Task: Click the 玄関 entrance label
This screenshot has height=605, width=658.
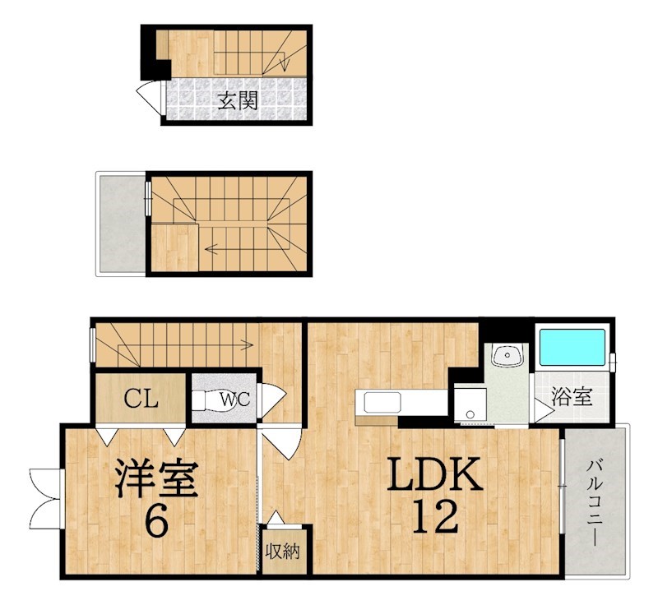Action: click(x=238, y=101)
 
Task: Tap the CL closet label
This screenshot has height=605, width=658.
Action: click(x=141, y=400)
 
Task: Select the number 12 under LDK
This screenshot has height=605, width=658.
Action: click(x=433, y=517)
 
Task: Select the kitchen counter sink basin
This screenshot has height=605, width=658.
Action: click(x=381, y=404)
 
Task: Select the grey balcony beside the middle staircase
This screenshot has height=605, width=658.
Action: click(x=121, y=224)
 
